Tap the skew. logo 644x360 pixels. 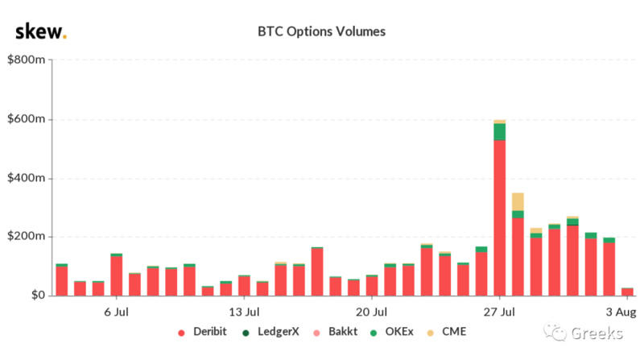tap(41, 32)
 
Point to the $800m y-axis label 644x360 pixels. tap(27, 60)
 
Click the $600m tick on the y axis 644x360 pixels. tap(27, 119)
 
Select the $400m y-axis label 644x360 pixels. tap(27, 178)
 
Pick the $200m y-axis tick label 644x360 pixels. tap(27, 237)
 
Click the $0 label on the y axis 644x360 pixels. tap(37, 296)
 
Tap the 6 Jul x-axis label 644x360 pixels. tap(117, 311)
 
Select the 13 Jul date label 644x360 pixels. tap(244, 311)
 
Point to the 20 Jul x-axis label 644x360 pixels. tap(371, 311)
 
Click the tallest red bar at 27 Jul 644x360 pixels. tap(500, 217)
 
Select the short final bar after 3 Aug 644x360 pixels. tap(627, 292)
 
